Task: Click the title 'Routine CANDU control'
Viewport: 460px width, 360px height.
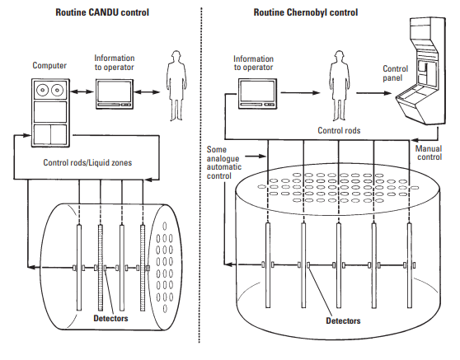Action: click(x=102, y=12)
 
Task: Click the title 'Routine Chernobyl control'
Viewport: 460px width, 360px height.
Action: click(x=306, y=12)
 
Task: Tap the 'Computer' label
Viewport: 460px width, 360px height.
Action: click(x=49, y=65)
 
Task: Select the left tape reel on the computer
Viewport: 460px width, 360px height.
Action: click(x=43, y=90)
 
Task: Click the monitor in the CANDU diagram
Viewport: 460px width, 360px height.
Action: click(x=115, y=94)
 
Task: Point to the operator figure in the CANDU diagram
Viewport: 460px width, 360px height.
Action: click(x=176, y=86)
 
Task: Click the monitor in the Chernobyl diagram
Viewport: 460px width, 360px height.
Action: click(x=257, y=94)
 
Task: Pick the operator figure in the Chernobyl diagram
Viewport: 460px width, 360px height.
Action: click(x=339, y=86)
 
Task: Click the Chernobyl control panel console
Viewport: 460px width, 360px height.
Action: click(x=421, y=72)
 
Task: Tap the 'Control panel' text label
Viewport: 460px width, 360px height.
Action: click(x=395, y=73)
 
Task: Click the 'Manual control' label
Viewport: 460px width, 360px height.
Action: click(x=429, y=152)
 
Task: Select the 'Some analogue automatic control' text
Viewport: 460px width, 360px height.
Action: click(x=224, y=163)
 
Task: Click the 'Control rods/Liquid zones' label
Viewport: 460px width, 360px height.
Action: click(x=87, y=162)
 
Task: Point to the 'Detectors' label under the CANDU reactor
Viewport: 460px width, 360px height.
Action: click(x=110, y=318)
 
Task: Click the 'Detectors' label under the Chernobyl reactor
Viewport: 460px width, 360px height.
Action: click(x=343, y=320)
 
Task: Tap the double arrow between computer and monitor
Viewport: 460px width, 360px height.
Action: click(x=82, y=91)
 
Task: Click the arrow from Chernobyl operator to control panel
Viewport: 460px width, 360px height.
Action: click(x=374, y=93)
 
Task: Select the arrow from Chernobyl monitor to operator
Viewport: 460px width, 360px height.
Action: click(x=300, y=93)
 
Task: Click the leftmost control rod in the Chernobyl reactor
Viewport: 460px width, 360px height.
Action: click(x=268, y=265)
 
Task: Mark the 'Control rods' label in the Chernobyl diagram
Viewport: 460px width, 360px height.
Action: click(x=339, y=130)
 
